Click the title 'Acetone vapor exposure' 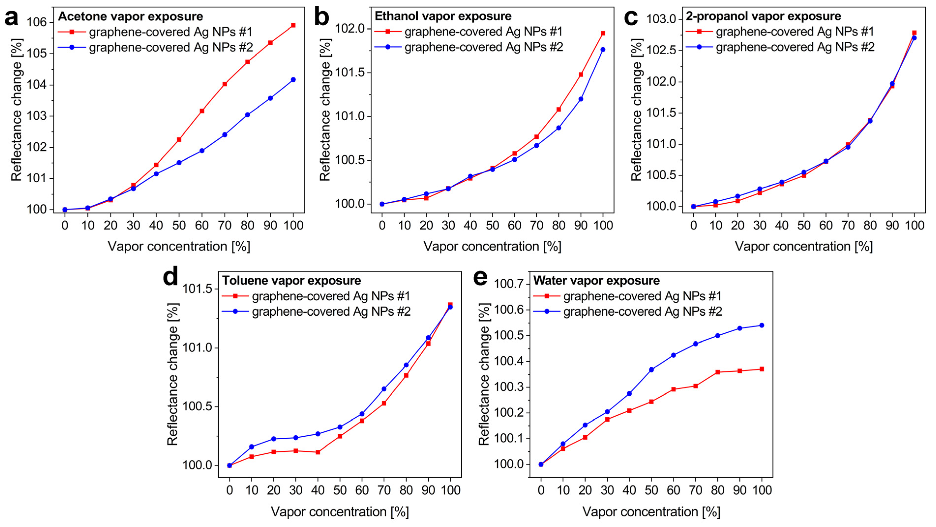(131, 16)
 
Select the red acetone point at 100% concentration (293, 25)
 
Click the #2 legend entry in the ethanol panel (483, 47)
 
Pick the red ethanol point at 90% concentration (581, 75)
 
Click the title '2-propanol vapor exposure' (763, 16)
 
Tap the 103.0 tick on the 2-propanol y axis (661, 19)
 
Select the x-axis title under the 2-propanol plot (804, 247)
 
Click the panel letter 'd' (170, 277)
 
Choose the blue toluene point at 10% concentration (251, 447)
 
